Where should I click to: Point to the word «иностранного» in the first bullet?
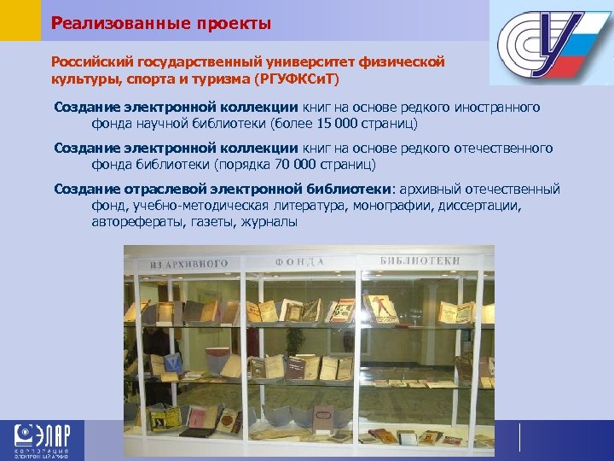(x=500, y=108)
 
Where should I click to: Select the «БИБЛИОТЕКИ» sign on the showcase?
(x=420, y=260)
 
